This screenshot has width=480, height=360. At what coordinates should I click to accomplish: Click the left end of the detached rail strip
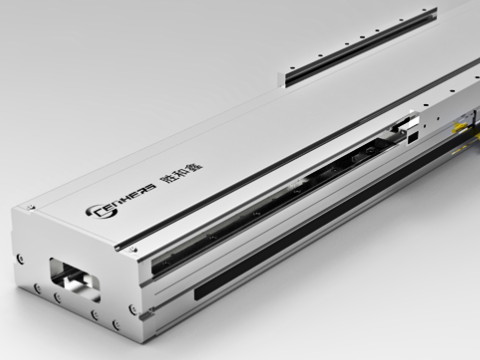pyautogui.click(x=287, y=78)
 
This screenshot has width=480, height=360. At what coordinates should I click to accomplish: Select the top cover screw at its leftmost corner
pyautogui.click(x=31, y=208)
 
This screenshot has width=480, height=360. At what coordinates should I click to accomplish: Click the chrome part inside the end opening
pyautogui.click(x=63, y=279)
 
